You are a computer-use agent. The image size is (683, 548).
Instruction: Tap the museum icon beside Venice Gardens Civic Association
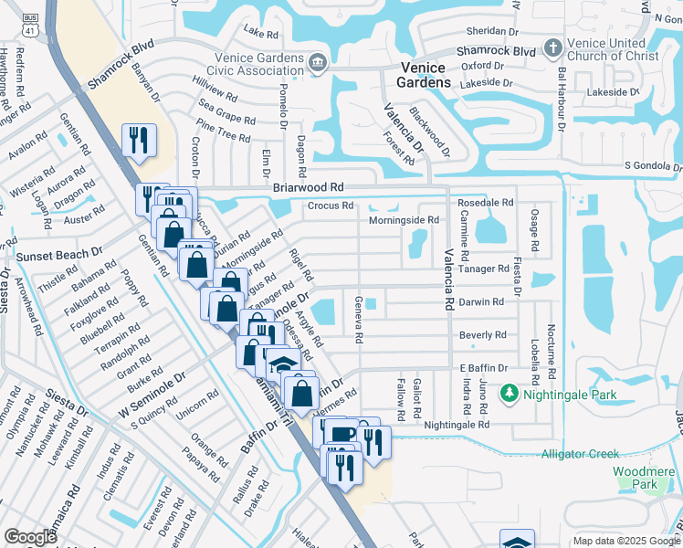tap(317, 62)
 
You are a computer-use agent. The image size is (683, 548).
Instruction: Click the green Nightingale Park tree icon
tap(509, 395)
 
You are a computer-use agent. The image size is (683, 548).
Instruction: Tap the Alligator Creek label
tap(580, 454)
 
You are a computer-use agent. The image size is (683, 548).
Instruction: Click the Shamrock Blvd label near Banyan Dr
tap(119, 67)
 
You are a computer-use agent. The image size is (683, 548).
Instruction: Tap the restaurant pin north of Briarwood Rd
tap(139, 140)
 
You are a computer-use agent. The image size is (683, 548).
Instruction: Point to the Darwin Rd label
tap(481, 301)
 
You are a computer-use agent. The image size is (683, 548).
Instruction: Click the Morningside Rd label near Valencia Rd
tap(404, 220)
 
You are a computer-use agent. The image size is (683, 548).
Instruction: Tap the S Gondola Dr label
tap(653, 165)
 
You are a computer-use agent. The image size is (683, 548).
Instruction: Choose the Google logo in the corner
tap(30, 538)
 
